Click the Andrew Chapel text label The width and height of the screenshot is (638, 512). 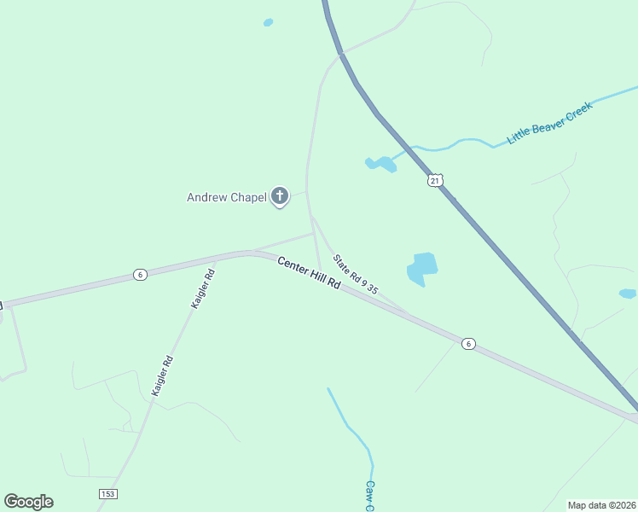click(x=226, y=198)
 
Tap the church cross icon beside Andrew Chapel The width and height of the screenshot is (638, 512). click(x=279, y=197)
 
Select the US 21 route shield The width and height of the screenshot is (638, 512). click(x=436, y=181)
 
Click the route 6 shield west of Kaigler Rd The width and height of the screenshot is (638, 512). click(x=140, y=274)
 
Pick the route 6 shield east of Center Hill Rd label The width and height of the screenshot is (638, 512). click(x=467, y=343)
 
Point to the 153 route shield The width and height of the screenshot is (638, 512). click(x=107, y=494)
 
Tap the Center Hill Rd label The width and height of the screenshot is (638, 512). click(x=309, y=273)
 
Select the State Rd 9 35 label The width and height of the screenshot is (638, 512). click(x=355, y=275)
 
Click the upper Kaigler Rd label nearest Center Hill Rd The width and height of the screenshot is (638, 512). click(x=202, y=288)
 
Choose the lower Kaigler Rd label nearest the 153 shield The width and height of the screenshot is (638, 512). click(x=162, y=375)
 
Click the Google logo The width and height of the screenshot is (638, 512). click(x=28, y=502)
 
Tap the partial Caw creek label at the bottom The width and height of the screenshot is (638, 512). click(x=371, y=496)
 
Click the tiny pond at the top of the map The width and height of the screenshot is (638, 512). click(x=268, y=22)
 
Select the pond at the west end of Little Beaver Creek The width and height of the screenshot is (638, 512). click(x=380, y=163)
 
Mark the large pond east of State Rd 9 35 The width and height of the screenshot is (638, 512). click(x=422, y=267)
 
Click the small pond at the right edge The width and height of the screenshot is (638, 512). click(x=627, y=294)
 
